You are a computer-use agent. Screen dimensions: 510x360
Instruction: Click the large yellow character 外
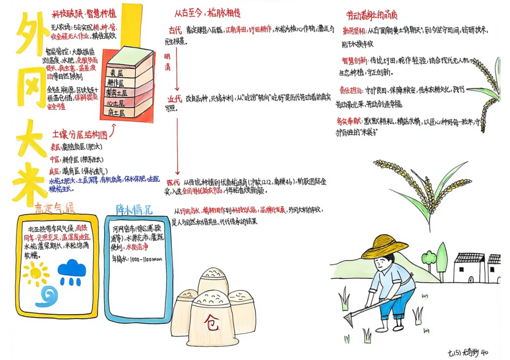click(32, 36)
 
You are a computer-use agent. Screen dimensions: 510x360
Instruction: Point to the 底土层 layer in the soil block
click(117, 113)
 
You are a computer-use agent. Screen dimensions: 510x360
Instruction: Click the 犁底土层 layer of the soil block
click(120, 93)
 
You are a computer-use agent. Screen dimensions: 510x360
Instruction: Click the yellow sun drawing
click(36, 273)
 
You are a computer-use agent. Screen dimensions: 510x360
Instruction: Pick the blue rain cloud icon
click(72, 270)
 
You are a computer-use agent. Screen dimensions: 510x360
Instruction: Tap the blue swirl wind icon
click(49, 296)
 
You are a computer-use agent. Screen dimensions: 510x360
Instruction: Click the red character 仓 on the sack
click(212, 322)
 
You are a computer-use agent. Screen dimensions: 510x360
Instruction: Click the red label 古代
click(175, 30)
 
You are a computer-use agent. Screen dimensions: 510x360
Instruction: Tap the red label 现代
click(173, 182)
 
